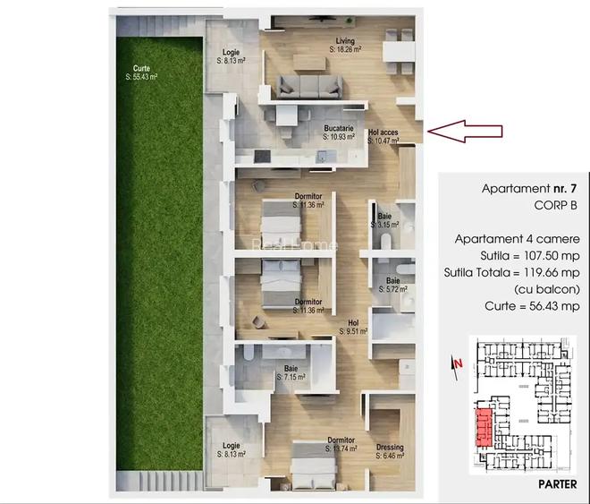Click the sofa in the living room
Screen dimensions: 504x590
click(309, 86)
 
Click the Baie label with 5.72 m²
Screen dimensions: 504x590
click(391, 285)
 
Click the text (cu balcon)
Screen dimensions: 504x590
click(547, 289)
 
